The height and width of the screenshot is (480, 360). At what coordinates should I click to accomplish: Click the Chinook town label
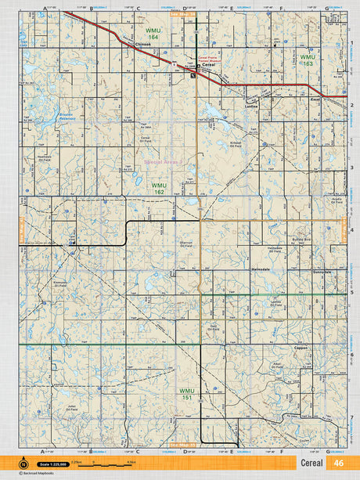[x=142, y=45]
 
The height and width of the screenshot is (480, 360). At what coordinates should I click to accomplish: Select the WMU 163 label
[x=307, y=60]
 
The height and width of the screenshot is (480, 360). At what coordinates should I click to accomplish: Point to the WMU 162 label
[x=159, y=188]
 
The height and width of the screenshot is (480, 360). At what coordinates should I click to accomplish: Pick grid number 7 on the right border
[x=353, y=417]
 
